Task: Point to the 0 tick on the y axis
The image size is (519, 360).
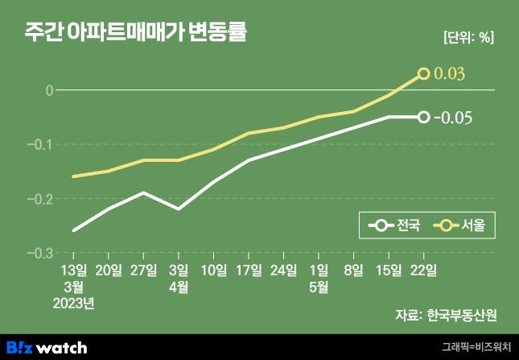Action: coord(49,90)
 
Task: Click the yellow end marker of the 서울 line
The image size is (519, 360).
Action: coord(424,74)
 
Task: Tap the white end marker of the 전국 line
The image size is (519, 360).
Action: coord(424,118)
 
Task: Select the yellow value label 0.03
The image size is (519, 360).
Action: coord(451,74)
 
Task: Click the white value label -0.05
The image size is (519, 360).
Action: coord(452,118)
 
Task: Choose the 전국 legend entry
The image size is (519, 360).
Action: coord(394,226)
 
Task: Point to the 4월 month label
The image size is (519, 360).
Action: coord(179,286)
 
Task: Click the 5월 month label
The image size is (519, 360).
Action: coord(319,286)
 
